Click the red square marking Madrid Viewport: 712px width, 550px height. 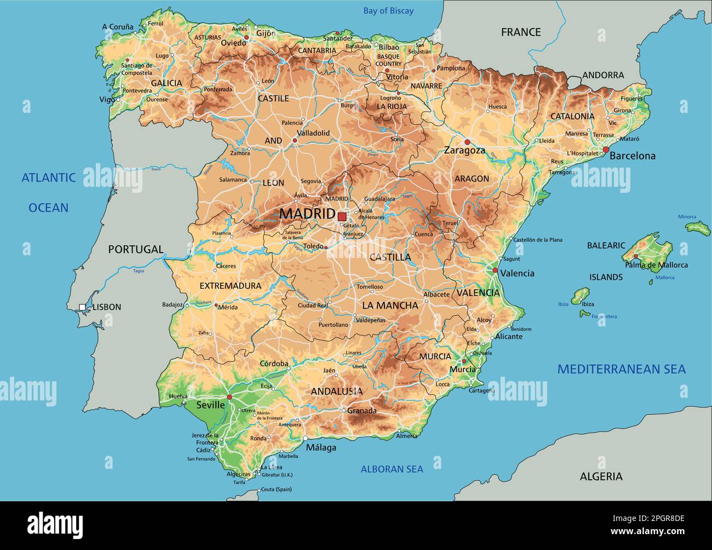[x=342, y=216]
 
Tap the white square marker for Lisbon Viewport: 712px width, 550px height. [x=82, y=307]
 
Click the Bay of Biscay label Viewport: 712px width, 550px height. [x=388, y=11]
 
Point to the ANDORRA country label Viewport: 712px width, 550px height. [x=602, y=76]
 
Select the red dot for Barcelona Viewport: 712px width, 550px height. [x=606, y=150]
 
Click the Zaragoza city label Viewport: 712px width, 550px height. [x=464, y=150]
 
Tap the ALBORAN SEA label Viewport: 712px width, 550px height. [x=392, y=469]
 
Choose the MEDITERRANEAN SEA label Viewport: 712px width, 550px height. [x=621, y=369]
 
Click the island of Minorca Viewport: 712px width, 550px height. [x=698, y=228]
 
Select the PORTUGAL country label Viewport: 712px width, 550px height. [x=136, y=249]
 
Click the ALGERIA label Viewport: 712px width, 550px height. [x=601, y=477]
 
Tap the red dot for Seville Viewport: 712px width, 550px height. [x=229, y=397]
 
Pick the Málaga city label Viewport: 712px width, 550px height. [x=321, y=448]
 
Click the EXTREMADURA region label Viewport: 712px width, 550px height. [x=230, y=286]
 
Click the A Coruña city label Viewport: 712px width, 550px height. [x=118, y=26]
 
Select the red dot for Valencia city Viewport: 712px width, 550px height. [x=495, y=271]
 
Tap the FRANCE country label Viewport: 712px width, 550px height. [x=520, y=32]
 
